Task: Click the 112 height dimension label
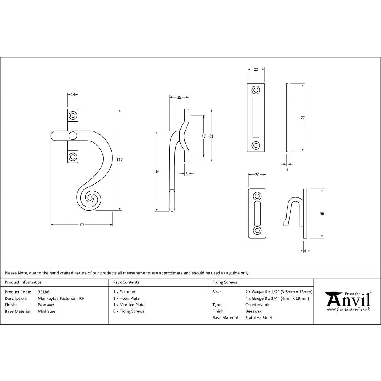(x=119, y=160)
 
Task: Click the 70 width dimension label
(x=82, y=225)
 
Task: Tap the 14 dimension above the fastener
(x=73, y=94)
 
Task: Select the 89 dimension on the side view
(x=157, y=171)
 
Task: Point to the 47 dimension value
(x=203, y=136)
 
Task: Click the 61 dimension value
(x=212, y=136)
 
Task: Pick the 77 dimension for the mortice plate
(x=303, y=118)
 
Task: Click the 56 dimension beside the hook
(x=322, y=213)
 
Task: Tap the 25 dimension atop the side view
(x=179, y=98)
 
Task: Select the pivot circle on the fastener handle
(x=72, y=136)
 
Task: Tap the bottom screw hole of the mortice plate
(x=256, y=145)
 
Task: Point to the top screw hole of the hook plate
(x=257, y=196)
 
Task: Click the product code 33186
(x=44, y=291)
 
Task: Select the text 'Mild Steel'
(x=47, y=311)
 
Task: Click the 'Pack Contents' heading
(x=126, y=282)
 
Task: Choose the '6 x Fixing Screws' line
(x=129, y=311)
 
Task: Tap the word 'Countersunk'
(x=258, y=305)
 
